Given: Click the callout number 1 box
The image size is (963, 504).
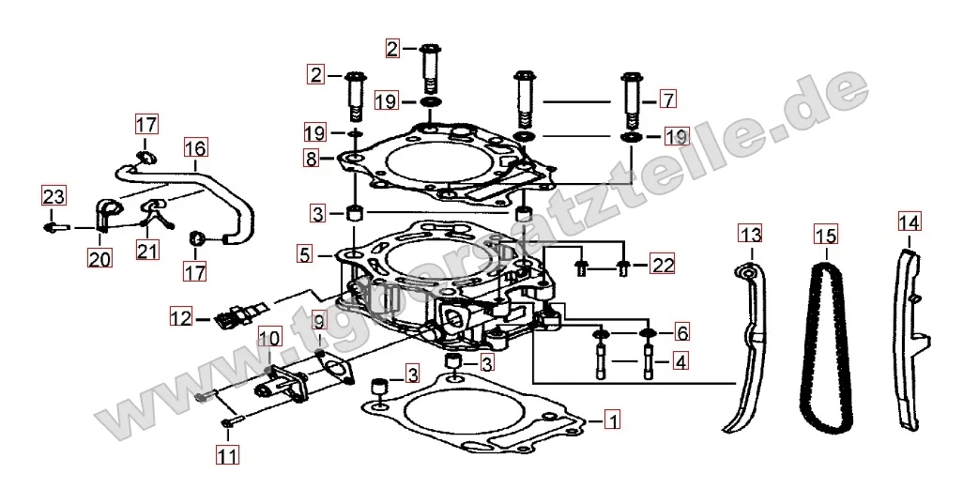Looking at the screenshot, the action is click(x=612, y=420).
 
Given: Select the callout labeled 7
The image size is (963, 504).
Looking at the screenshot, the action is click(x=668, y=99).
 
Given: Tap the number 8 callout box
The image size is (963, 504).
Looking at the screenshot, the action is click(x=312, y=159).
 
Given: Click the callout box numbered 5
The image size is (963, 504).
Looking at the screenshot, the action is click(x=305, y=254).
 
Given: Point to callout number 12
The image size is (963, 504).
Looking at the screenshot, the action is click(x=181, y=318).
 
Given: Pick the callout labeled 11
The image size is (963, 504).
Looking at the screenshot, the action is click(x=227, y=455).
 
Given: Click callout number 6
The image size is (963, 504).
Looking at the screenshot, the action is click(x=681, y=332).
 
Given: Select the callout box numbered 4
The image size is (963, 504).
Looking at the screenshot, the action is click(x=680, y=361).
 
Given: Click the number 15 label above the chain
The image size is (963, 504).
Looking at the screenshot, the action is click(x=826, y=236).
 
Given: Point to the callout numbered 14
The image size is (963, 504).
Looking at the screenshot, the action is click(x=909, y=221).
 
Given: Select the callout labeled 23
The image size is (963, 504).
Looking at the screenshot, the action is click(x=53, y=196).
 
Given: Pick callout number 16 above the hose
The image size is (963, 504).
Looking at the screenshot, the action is click(x=195, y=147).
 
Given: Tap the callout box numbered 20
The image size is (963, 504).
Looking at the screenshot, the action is click(x=99, y=258).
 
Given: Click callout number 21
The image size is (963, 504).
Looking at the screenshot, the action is click(x=146, y=250).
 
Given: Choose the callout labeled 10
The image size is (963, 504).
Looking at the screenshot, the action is click(x=269, y=338).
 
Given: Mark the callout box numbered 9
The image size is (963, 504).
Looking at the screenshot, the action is click(x=317, y=321).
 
